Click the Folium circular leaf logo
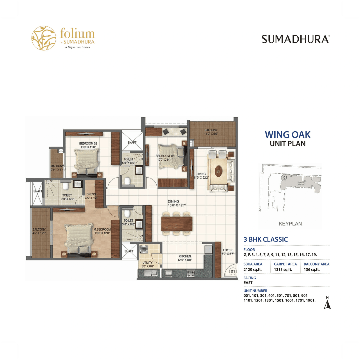coord(44,38)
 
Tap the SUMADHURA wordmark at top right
coord(296,39)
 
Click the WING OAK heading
coord(287,135)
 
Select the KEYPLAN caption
coord(290,224)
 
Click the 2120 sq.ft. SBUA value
coord(253,269)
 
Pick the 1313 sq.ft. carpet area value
coord(283,269)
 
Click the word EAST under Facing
coord(248,283)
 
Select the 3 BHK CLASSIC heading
coord(266,239)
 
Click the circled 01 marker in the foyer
coord(233,271)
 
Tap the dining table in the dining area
coord(177,224)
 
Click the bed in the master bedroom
coord(79,239)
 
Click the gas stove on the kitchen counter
coord(191,273)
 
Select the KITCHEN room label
coord(185,256)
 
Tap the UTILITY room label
coord(147,263)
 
